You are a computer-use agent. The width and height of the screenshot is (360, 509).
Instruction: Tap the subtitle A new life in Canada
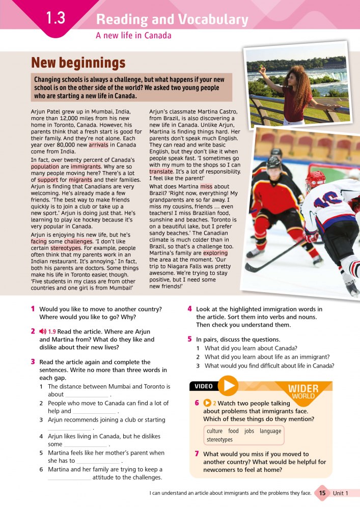pyautogui.click(x=133, y=36)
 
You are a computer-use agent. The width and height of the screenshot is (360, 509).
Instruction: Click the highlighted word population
pyautogui.click(x=45, y=166)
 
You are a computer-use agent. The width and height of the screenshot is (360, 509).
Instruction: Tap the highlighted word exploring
pyautogui.click(x=215, y=253)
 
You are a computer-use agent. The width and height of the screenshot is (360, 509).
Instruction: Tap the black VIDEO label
pyautogui.click(x=204, y=386)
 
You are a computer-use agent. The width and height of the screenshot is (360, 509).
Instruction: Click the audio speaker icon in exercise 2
pyautogui.click(x=42, y=331)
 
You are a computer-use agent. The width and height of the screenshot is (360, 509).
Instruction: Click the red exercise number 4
pyautogui.click(x=189, y=309)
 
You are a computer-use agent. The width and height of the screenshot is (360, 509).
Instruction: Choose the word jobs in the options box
pyautogui.click(x=249, y=431)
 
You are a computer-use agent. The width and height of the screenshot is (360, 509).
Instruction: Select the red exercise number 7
pyautogui.click(x=197, y=454)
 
